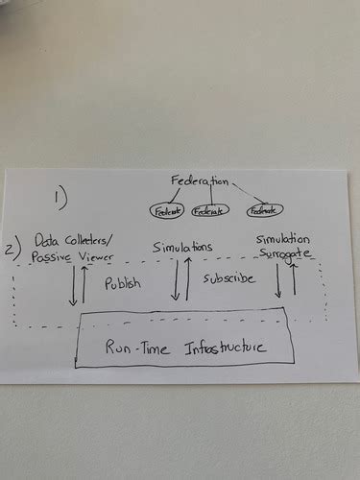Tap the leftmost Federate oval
point(159,210)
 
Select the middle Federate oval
point(210,211)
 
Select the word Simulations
point(183,248)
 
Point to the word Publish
point(123,285)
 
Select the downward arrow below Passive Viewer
point(72,286)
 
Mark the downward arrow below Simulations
point(176,281)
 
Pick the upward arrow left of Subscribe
point(188,280)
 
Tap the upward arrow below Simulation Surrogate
point(295,280)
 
